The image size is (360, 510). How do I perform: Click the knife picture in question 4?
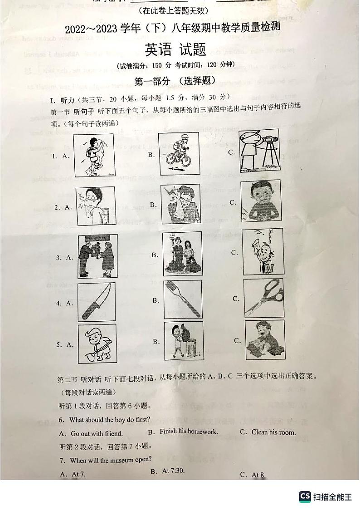96,302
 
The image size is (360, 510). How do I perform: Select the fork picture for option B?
183,299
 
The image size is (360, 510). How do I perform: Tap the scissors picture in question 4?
263,298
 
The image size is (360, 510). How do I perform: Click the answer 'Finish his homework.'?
189,432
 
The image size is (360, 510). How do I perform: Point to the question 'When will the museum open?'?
111,460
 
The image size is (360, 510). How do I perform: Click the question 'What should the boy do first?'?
110,420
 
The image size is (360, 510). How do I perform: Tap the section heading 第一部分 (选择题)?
175,81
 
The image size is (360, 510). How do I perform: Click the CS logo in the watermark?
305,496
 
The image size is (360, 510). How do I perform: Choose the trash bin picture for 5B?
183,341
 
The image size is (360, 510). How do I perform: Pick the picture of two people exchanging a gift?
97,255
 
